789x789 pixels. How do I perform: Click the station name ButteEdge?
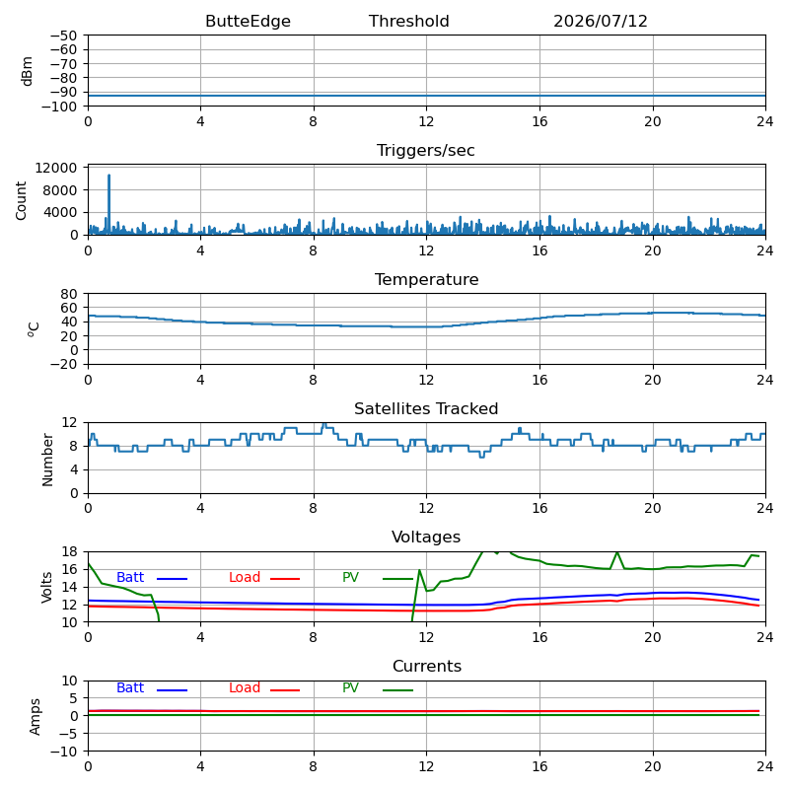coord(248,21)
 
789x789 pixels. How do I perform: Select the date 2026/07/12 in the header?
coord(601,21)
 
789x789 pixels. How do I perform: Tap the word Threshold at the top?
coord(408,21)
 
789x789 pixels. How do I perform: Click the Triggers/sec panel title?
coord(426,151)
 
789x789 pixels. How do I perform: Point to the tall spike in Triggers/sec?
coord(108,176)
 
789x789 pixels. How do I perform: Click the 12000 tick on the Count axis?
coord(56,168)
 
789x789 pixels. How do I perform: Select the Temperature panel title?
coord(426,279)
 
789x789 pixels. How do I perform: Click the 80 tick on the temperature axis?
coord(70,293)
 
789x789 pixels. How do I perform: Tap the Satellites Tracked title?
coord(426,408)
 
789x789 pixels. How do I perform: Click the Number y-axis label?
coord(47,460)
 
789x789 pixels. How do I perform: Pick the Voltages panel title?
coord(426,537)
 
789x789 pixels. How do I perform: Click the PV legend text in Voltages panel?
coord(350,577)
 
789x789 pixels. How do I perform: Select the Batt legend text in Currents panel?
coord(130,687)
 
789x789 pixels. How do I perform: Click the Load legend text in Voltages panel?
coord(244,577)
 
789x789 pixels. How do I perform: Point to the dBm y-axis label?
coord(27,71)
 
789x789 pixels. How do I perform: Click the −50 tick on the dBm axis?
coord(63,36)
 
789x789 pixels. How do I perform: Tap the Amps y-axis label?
coord(35,717)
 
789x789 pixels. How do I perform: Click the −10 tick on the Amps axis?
coord(63,752)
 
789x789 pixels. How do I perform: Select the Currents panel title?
coord(427,667)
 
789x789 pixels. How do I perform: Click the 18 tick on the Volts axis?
coord(70,551)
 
